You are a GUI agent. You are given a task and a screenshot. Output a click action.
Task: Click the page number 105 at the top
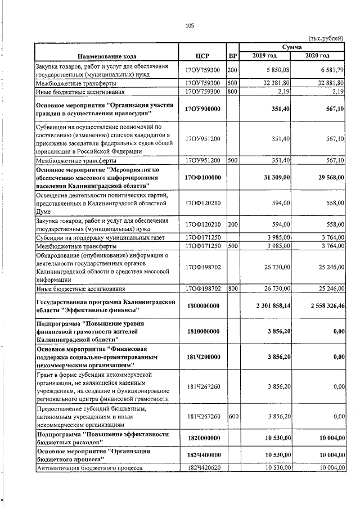[x=190, y=25]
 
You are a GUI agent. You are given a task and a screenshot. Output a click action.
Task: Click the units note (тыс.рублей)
[x=327, y=38]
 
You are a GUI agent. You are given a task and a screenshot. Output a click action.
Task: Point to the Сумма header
[x=291, y=48]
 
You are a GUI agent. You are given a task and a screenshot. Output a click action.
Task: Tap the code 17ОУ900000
[x=202, y=109]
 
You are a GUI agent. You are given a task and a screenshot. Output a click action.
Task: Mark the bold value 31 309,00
[x=273, y=178]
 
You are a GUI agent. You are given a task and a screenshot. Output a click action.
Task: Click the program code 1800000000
[x=202, y=305]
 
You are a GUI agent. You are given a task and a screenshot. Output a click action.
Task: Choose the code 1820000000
[x=202, y=438]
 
